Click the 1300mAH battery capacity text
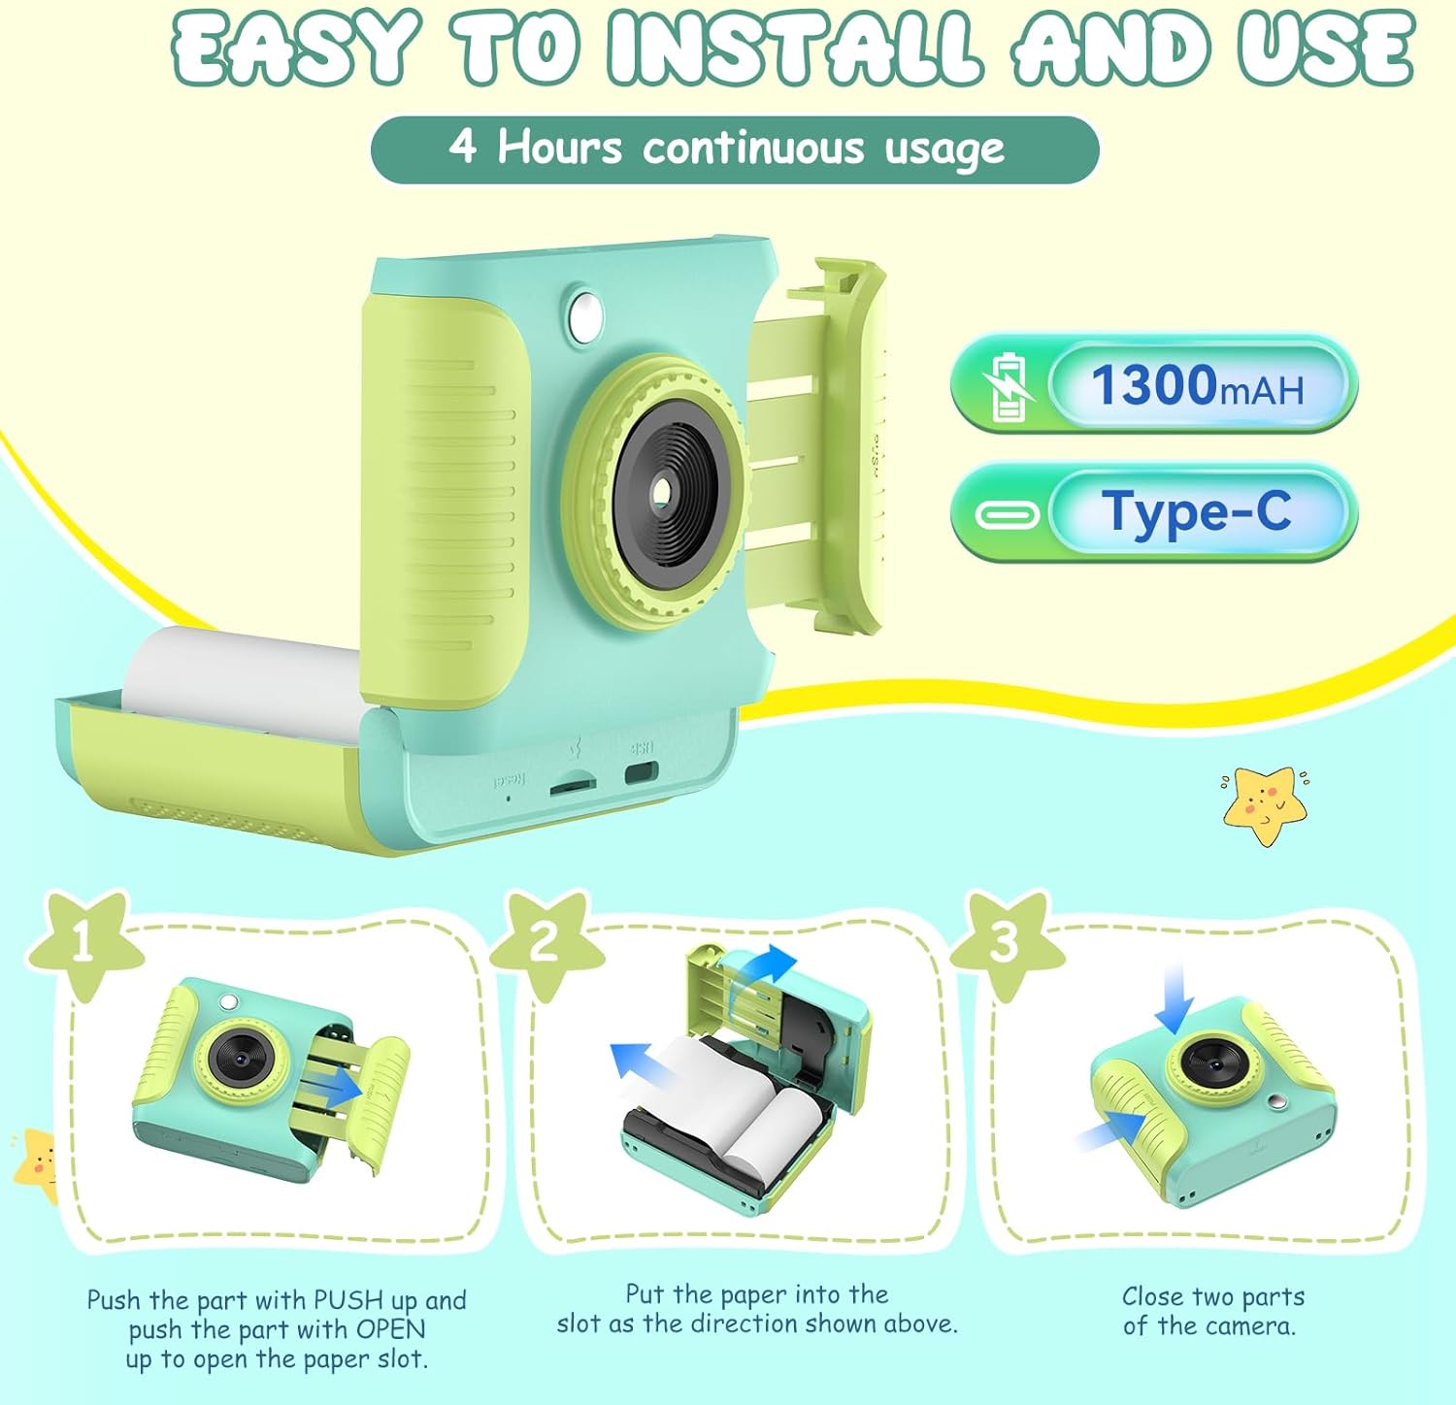(x=1197, y=385)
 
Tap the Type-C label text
(x=1196, y=511)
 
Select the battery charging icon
(x=1007, y=386)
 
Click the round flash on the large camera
(x=585, y=313)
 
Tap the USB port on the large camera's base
(x=640, y=774)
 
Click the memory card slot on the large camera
(x=572, y=786)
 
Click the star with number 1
(x=84, y=942)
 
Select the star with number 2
(x=544, y=941)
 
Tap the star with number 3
(x=1003, y=941)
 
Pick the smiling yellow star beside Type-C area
(x=1263, y=802)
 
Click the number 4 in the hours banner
(x=463, y=147)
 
